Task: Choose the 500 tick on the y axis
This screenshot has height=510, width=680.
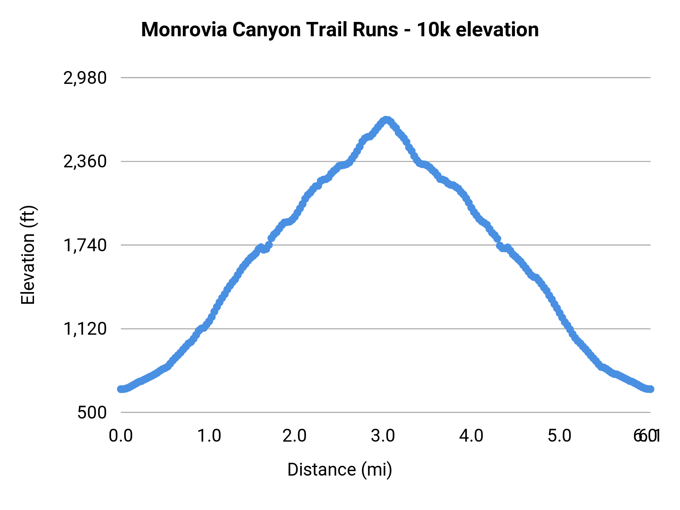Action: pyautogui.click(x=92, y=413)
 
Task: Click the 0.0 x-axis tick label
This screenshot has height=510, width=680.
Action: pyautogui.click(x=121, y=436)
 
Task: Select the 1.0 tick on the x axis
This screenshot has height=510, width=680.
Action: pyautogui.click(x=209, y=436)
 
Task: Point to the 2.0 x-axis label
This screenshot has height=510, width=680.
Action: pyautogui.click(x=295, y=436)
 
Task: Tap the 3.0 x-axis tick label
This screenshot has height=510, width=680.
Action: pyautogui.click(x=383, y=436)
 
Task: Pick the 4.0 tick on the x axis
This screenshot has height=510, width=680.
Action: pyautogui.click(x=471, y=436)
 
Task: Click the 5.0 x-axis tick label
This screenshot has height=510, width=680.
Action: pyautogui.click(x=559, y=436)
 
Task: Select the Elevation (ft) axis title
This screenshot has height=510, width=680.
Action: pyautogui.click(x=28, y=255)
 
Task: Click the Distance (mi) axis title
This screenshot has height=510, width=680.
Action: pyautogui.click(x=340, y=470)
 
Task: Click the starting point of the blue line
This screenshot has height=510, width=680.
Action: pyautogui.click(x=121, y=389)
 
